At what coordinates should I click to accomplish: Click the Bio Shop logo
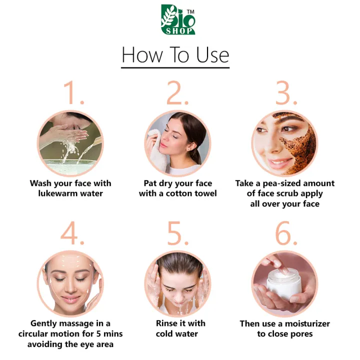pyautogui.click(x=178, y=19)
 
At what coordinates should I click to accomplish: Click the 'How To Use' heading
pyautogui.click(x=175, y=54)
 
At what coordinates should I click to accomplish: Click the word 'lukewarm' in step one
pyautogui.click(x=61, y=193)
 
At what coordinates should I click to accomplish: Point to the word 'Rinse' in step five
pyautogui.click(x=167, y=324)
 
